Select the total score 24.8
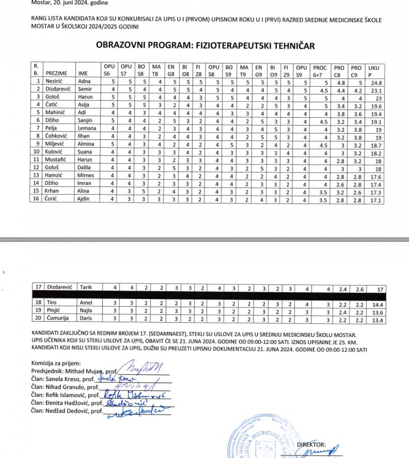click(x=376, y=83)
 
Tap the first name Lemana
click(x=86, y=128)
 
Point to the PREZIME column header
click(x=56, y=73)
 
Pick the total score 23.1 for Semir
click(x=376, y=90)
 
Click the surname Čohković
click(x=57, y=136)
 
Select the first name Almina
click(x=86, y=144)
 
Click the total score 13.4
click(x=377, y=320)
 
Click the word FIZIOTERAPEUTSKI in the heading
click(x=240, y=45)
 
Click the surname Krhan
click(x=52, y=191)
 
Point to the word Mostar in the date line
click(x=40, y=3)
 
